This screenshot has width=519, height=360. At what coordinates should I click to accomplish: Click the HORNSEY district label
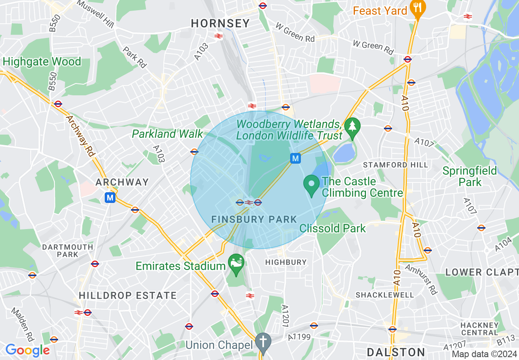(220, 24)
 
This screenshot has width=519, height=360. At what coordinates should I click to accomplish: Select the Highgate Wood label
(42, 62)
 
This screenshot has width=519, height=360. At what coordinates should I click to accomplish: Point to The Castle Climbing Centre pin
(311, 185)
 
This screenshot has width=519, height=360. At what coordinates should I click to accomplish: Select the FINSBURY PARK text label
(254, 219)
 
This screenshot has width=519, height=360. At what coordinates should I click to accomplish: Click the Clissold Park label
(332, 228)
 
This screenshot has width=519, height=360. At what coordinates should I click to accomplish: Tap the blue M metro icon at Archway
(110, 198)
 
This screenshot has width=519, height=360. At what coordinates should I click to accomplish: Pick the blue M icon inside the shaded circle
(296, 158)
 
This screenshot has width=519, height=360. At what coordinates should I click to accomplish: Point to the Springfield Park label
(470, 176)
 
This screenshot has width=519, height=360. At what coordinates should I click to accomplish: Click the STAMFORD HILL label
(396, 165)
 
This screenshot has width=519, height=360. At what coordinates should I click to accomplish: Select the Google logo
(27, 350)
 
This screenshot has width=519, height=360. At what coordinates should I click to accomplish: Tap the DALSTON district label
(396, 352)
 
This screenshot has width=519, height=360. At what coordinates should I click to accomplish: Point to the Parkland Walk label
(167, 134)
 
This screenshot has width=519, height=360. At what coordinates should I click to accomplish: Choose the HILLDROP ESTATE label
(127, 295)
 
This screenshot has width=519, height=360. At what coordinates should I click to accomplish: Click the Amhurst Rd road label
(421, 279)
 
